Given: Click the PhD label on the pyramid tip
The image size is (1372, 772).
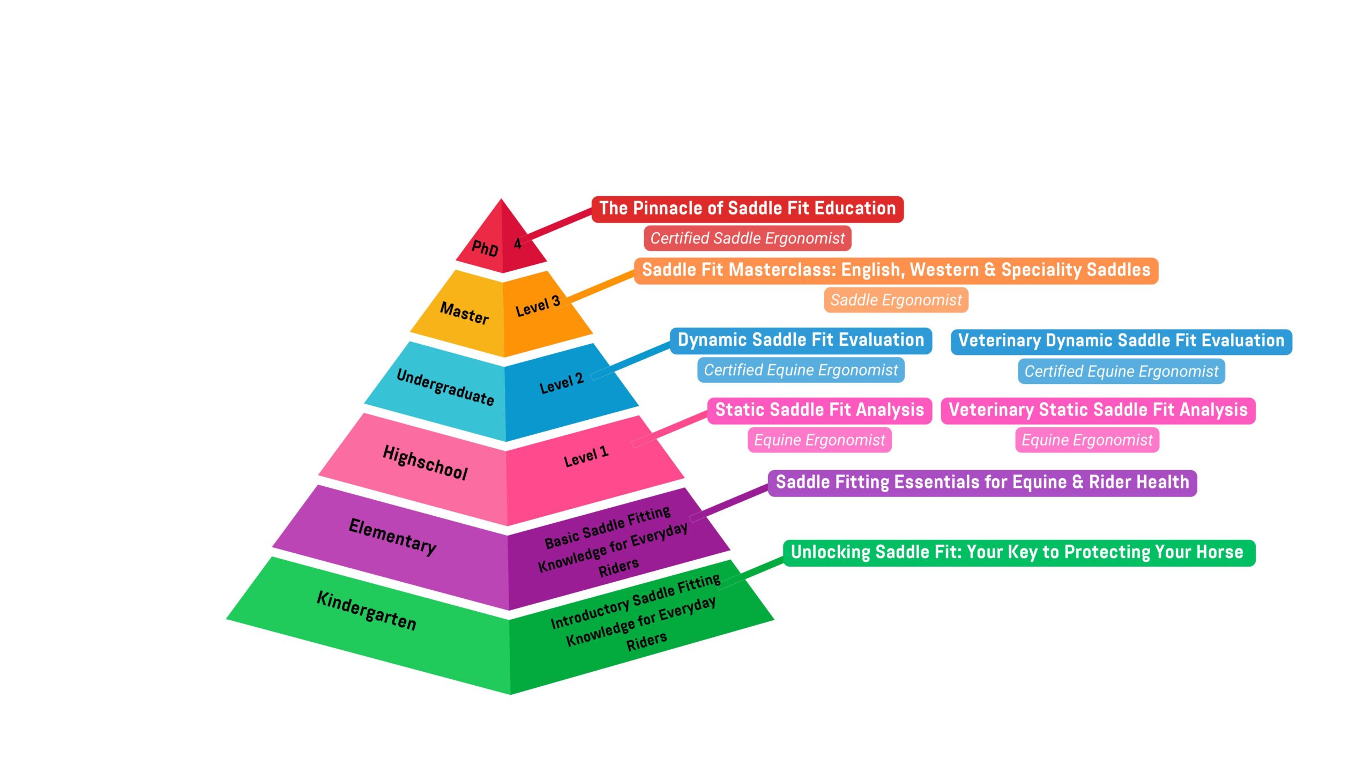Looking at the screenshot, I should [x=484, y=248].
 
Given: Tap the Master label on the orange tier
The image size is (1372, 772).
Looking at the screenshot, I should [x=464, y=313].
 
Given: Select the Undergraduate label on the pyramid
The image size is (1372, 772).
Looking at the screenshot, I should [x=445, y=387].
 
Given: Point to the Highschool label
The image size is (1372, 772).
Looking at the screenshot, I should [x=425, y=462].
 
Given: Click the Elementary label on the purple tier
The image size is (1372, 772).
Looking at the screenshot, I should [x=392, y=536].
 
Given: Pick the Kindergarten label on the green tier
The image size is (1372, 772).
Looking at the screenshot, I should [x=366, y=610].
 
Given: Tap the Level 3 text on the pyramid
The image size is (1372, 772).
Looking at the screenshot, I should [x=538, y=306].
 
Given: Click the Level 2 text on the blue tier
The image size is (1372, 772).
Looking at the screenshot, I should [x=561, y=383].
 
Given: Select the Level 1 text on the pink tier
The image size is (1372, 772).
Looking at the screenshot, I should [x=586, y=456].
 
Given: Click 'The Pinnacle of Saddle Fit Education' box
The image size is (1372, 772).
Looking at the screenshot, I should [x=747, y=209].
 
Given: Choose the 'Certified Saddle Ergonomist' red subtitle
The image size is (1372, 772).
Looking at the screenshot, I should [x=747, y=238].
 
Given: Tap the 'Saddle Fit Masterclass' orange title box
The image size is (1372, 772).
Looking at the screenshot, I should [x=896, y=270].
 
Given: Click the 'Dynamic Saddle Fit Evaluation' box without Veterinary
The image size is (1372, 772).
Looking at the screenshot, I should [x=801, y=340].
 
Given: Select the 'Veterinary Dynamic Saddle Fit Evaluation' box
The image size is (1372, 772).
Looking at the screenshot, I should [x=1121, y=341].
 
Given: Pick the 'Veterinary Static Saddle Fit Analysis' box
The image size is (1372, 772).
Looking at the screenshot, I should [x=1098, y=410].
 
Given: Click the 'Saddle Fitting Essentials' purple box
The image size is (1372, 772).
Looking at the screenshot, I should [x=982, y=482].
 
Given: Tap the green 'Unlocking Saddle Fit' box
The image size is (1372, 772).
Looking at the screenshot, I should [x=1018, y=552].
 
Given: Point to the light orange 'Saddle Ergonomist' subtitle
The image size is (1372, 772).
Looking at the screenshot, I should [x=896, y=300].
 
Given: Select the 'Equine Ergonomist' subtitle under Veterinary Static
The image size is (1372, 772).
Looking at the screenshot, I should [x=1087, y=440].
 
